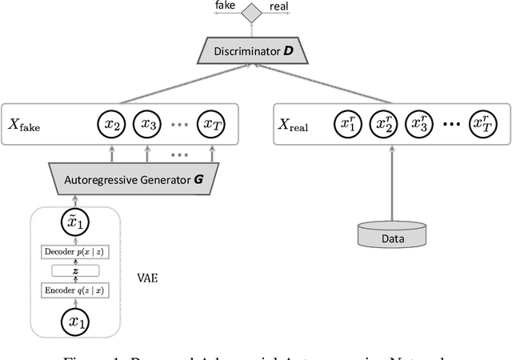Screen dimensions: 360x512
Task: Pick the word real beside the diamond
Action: click(x=278, y=6)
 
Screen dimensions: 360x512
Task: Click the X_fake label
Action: click(x=25, y=126)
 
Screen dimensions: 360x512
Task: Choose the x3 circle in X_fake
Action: click(x=148, y=124)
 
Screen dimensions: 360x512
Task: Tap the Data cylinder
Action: click(x=392, y=234)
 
